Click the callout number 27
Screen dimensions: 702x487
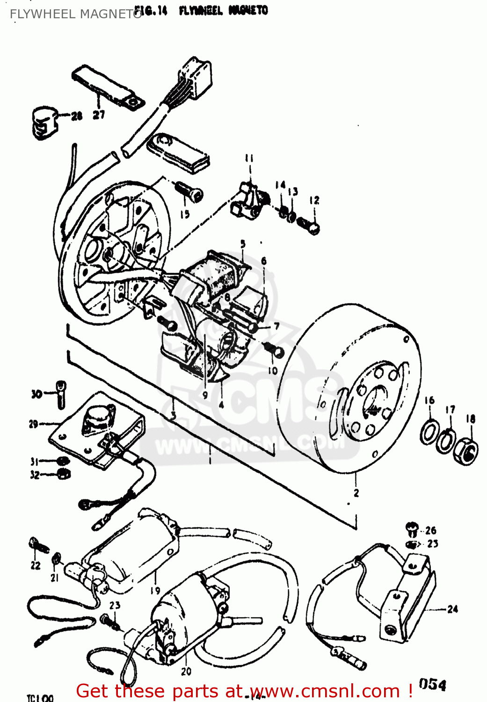pos(98,115)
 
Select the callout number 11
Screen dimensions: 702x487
pos(249,159)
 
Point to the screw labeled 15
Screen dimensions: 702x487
pos(189,192)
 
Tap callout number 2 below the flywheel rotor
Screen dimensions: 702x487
pos(356,493)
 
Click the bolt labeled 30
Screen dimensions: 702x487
pos(60,394)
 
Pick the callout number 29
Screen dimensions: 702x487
pos(33,424)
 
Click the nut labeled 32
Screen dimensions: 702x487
pos(64,475)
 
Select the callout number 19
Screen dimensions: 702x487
pos(155,591)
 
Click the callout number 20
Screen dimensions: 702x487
pos(186,672)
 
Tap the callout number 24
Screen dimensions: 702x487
pos(452,609)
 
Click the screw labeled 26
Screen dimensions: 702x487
pos(411,529)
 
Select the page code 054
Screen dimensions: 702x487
pos(432,684)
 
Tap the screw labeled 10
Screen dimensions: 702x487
pos(276,351)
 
